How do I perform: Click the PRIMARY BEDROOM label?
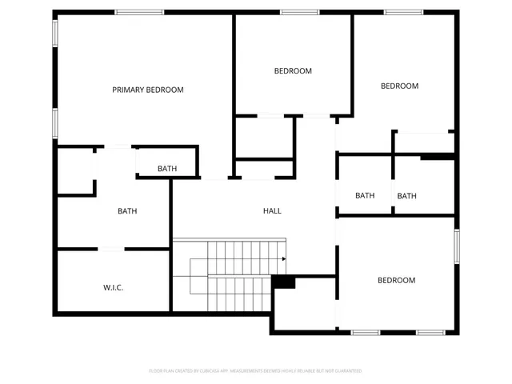(x=147, y=90)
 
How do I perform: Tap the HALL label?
(x=272, y=211)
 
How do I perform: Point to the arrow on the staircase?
(x=283, y=259)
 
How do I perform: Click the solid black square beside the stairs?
(x=284, y=282)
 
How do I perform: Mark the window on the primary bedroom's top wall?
(x=139, y=12)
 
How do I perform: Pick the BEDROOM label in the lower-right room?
(x=396, y=280)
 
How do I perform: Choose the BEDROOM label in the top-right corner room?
(x=399, y=86)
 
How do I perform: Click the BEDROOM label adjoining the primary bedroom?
(x=293, y=71)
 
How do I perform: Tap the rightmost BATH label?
(x=407, y=196)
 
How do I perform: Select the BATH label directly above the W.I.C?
(x=127, y=211)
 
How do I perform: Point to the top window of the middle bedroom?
(x=300, y=12)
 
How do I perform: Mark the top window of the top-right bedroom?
(x=403, y=12)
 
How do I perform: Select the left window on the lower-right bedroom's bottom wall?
(x=366, y=332)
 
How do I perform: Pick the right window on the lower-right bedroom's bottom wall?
(x=430, y=332)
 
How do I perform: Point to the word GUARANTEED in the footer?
(x=346, y=371)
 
